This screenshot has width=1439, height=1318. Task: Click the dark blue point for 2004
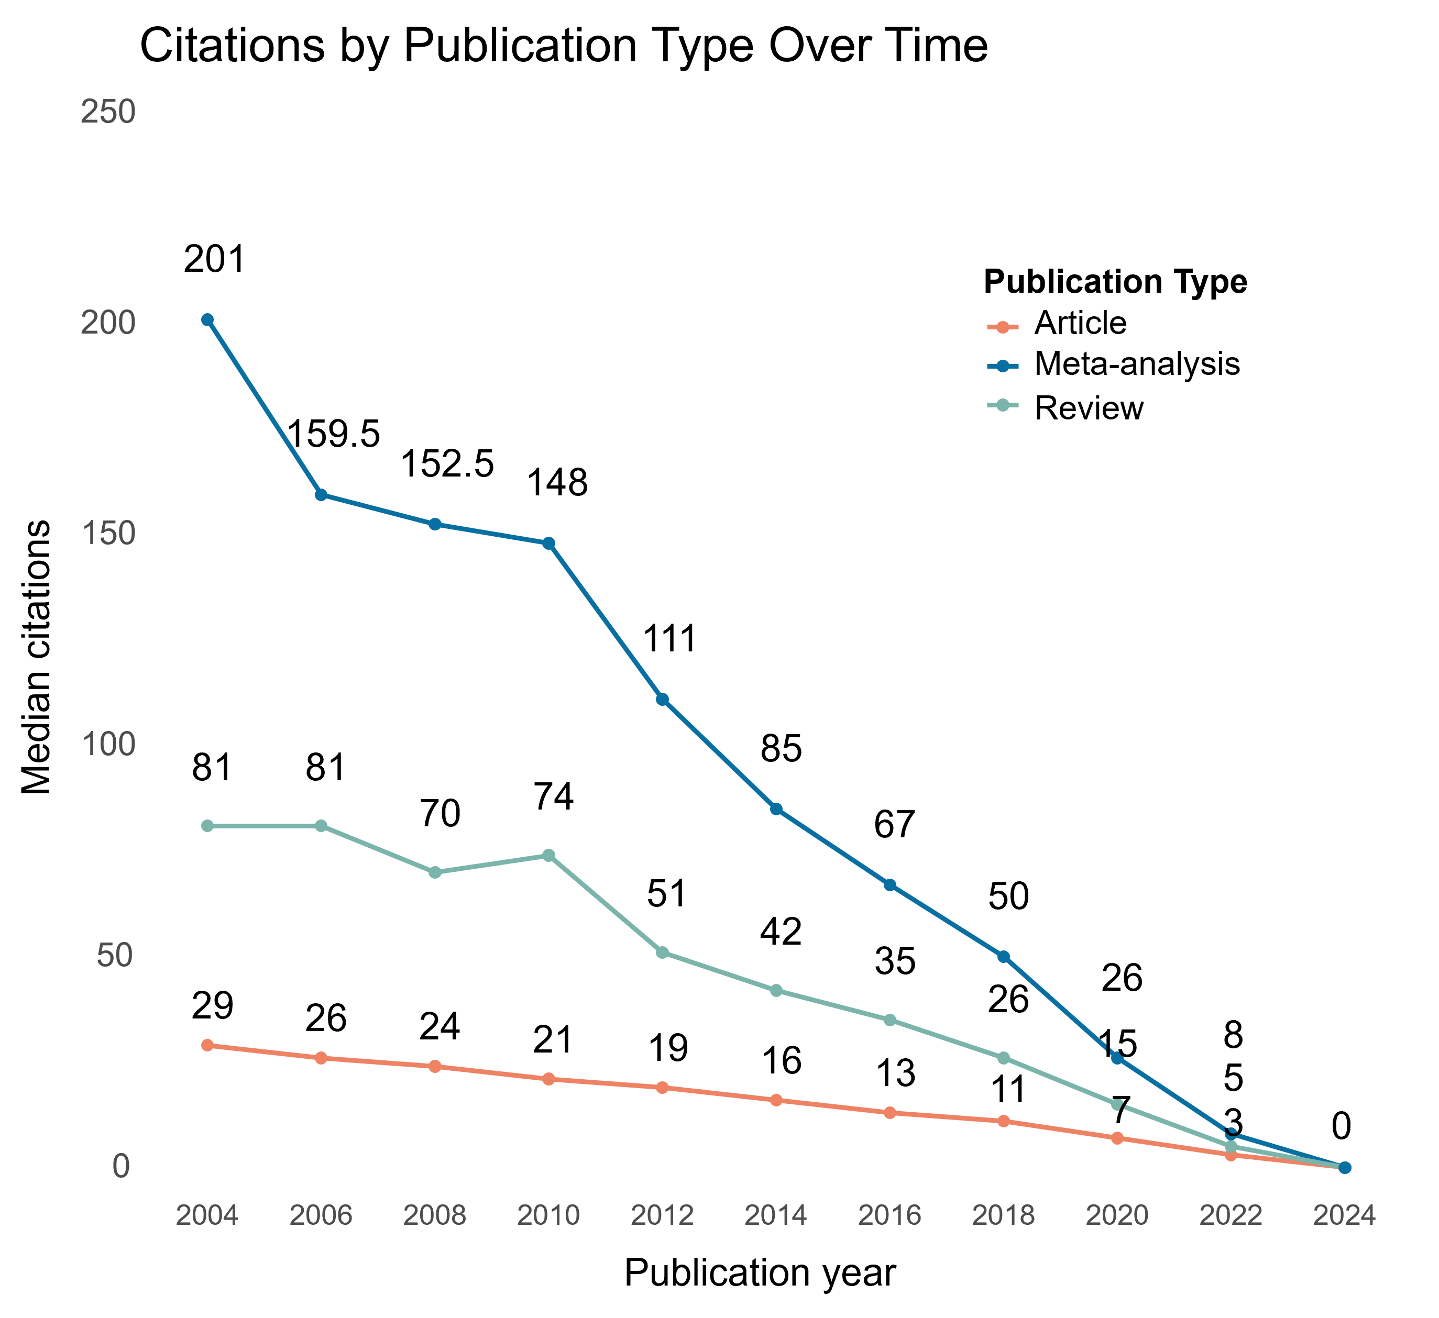coord(207,320)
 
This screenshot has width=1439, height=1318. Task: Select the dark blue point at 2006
coord(321,494)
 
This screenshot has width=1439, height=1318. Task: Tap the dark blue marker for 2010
coord(548,543)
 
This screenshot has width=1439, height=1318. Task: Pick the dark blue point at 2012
coord(662,699)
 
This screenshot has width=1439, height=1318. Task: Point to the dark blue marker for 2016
coord(889,885)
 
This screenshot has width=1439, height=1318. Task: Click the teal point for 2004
coord(207,826)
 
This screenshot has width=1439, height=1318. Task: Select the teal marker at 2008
coord(435,872)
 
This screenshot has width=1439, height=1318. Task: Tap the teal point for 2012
coord(662,952)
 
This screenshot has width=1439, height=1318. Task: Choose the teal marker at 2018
coord(1004,1058)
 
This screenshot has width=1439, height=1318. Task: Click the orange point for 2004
coord(207,1045)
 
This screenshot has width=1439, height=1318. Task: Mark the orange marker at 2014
coord(776,1100)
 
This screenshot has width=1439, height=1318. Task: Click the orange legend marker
coord(1002,328)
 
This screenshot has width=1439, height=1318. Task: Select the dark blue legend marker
coord(1002,366)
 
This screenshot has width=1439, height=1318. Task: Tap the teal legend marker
coord(1002,405)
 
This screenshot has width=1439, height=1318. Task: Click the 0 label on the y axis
coord(120,1166)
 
